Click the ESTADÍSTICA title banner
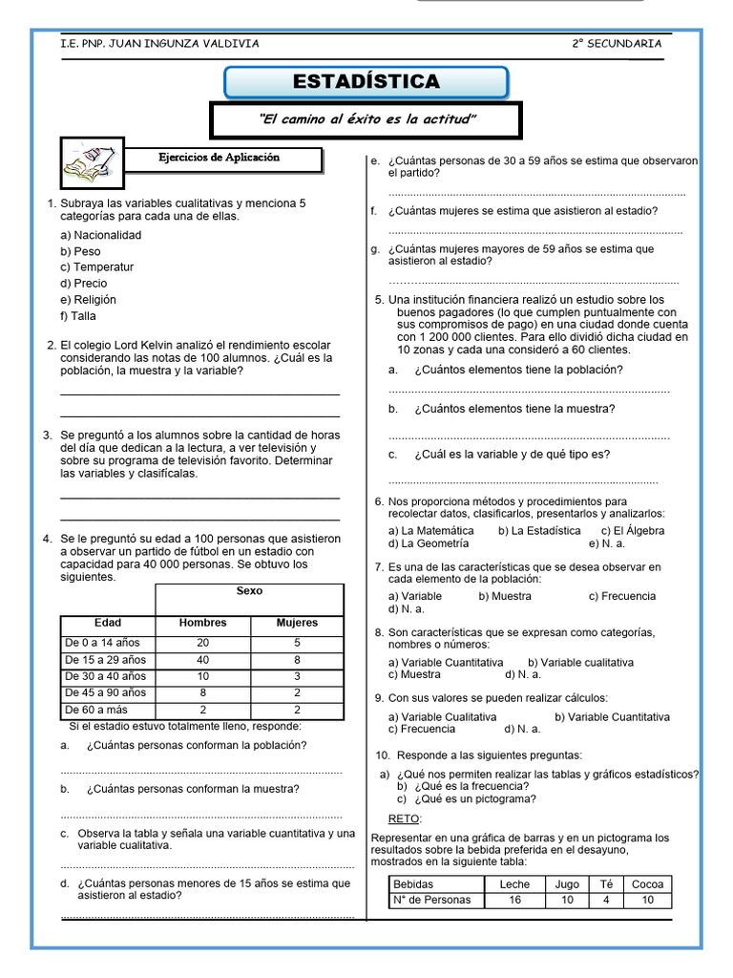[366, 82]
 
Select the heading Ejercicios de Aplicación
[220, 158]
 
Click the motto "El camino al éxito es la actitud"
[366, 119]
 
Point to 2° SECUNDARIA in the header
[617, 43]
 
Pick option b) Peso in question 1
[80, 251]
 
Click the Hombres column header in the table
[202, 623]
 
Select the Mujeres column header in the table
[297, 623]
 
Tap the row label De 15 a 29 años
[106, 660]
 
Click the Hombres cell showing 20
[202, 643]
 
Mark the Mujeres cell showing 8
[297, 660]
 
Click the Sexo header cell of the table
[249, 591]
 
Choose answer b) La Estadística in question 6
[539, 530]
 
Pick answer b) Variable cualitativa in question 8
[580, 662]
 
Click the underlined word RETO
[404, 819]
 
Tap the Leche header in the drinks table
[514, 884]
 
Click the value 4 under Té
[605, 900]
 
